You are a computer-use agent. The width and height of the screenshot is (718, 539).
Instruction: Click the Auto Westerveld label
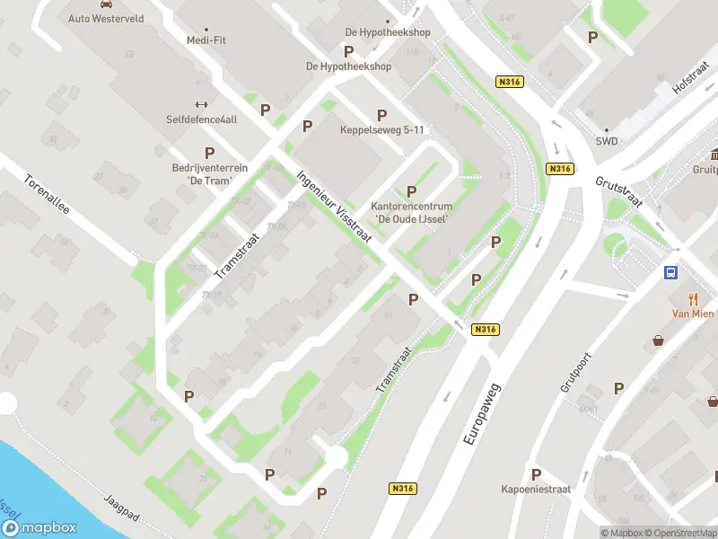tap(105, 18)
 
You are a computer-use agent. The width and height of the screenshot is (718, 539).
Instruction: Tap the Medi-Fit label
tap(206, 39)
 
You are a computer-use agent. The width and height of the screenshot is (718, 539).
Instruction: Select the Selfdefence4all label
tap(201, 119)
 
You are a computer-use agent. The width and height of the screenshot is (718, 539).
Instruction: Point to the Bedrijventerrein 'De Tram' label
tap(209, 174)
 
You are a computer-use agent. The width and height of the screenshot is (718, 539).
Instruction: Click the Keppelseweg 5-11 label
tap(381, 130)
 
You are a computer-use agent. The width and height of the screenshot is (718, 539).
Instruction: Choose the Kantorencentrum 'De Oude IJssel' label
tap(412, 212)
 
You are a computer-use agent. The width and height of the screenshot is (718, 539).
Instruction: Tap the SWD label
tap(606, 141)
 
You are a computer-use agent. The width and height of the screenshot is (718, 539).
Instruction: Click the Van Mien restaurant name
tap(693, 314)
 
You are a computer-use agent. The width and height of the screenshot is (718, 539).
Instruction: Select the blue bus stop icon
tap(670, 272)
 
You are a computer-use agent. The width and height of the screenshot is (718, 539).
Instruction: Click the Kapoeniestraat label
tap(536, 490)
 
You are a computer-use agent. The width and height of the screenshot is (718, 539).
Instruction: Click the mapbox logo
tap(39, 527)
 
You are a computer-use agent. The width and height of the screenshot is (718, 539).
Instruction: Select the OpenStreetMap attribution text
tap(679, 533)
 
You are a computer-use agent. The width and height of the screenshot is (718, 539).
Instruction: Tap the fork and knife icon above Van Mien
tap(693, 298)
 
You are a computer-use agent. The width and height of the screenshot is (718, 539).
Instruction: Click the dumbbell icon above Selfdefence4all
tap(201, 104)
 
